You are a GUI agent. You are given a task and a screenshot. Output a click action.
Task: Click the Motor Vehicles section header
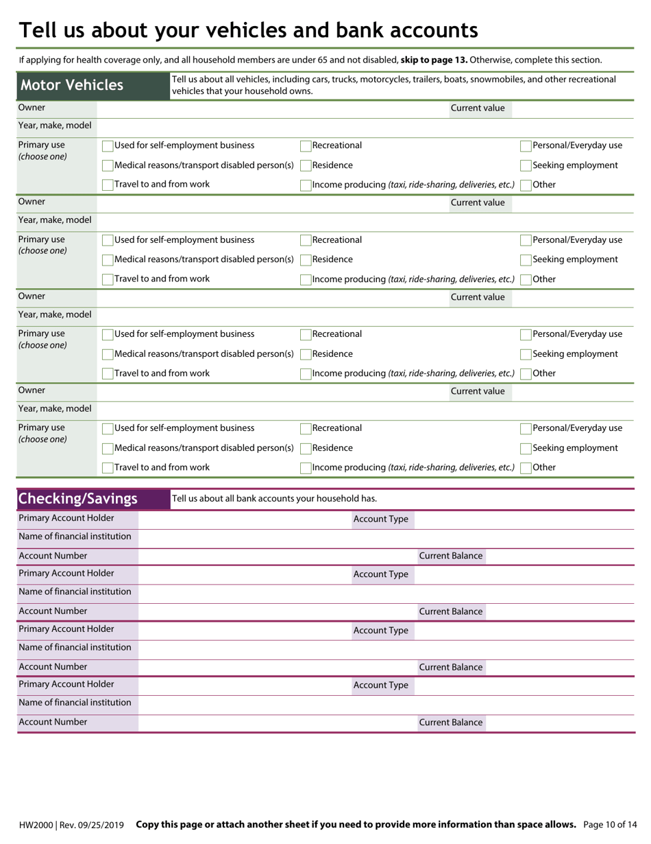tap(72, 86)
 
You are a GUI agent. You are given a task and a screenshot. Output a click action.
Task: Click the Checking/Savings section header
tap(78, 499)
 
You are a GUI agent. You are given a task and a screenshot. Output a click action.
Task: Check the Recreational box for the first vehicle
tap(306, 146)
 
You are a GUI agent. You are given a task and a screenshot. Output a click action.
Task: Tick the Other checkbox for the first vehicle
tap(526, 185)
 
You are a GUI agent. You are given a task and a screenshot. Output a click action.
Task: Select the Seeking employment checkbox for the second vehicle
tap(526, 260)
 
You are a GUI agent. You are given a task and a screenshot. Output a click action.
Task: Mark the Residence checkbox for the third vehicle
tap(306, 355)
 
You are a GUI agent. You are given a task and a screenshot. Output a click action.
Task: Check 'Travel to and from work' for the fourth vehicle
tap(108, 468)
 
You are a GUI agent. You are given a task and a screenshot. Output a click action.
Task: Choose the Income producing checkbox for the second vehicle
tap(306, 280)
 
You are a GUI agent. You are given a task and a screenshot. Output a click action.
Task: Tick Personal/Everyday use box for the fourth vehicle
tap(526, 429)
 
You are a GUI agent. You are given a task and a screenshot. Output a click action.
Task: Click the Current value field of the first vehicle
tap(572, 108)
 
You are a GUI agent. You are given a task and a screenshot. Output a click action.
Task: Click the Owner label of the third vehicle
tap(32, 296)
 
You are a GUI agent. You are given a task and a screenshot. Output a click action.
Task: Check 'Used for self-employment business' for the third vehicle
tap(108, 335)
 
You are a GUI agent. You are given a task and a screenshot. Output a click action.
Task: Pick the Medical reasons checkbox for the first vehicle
tap(108, 166)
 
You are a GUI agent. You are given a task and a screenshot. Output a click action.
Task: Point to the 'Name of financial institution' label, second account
tap(75, 591)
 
